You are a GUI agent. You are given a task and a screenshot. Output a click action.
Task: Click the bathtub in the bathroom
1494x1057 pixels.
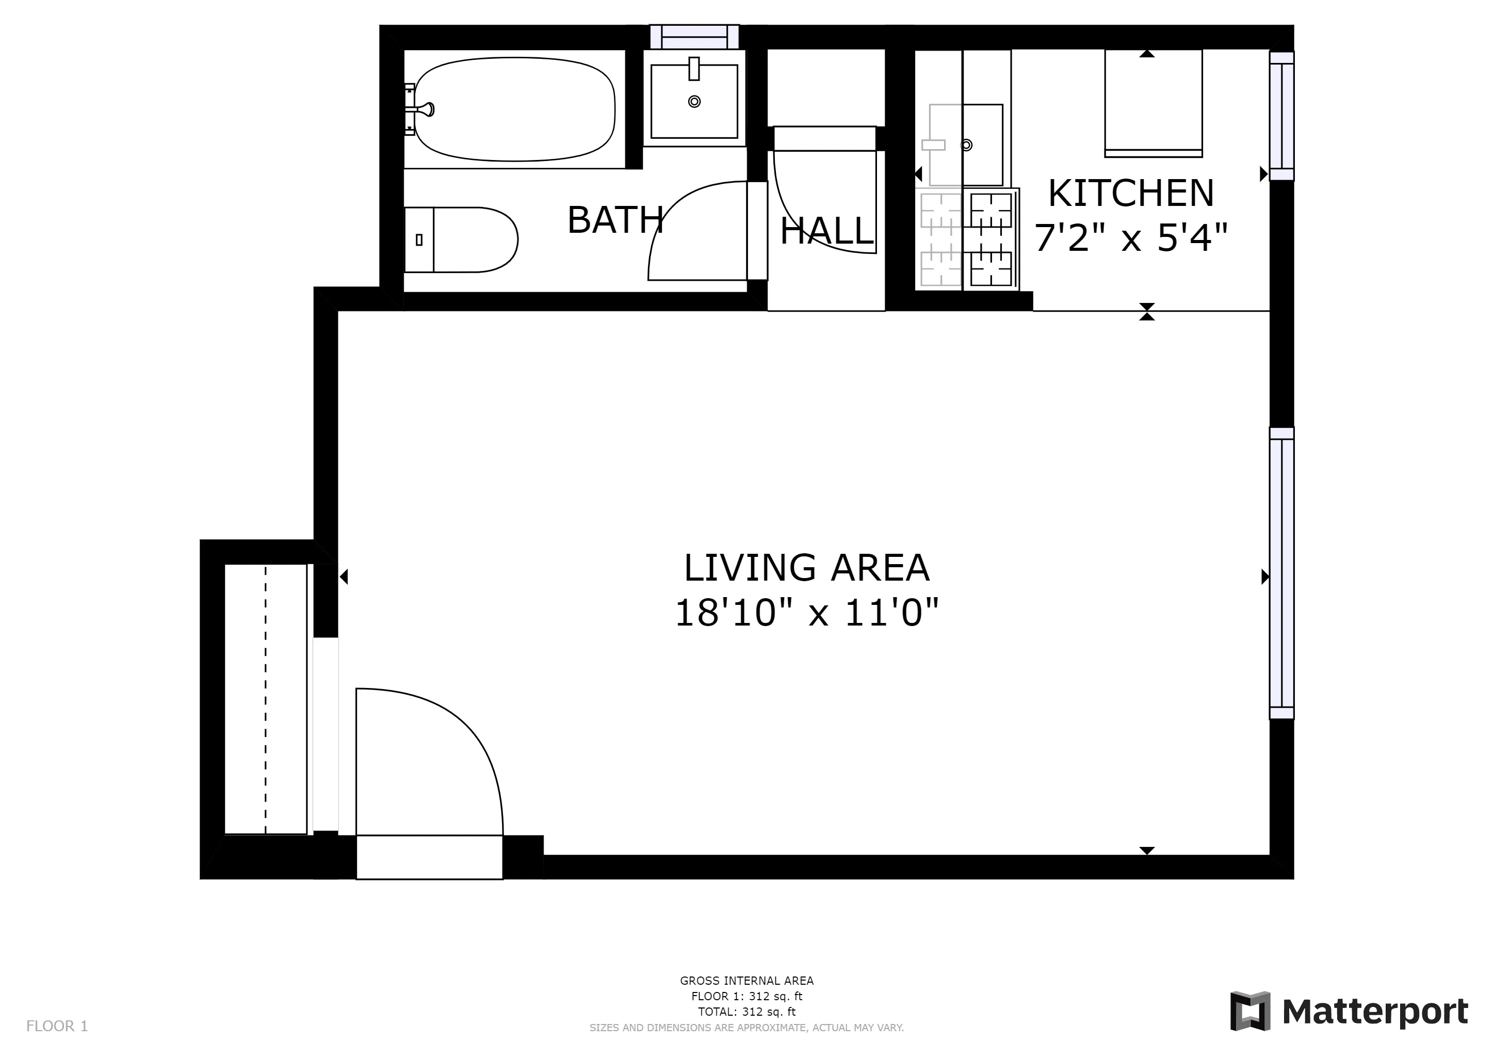tap(514, 109)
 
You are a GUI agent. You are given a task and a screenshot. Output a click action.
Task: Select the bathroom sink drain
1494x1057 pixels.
tap(694, 102)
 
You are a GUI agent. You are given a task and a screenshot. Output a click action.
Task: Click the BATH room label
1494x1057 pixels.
tap(615, 220)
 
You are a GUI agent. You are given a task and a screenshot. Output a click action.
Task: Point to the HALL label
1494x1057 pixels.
tap(826, 231)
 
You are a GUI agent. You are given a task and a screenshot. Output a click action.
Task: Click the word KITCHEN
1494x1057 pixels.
tap(1131, 194)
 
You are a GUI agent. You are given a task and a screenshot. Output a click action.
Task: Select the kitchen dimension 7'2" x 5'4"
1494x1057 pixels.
tap(1131, 237)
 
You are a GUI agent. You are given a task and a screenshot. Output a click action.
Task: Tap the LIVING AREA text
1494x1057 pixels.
tap(806, 568)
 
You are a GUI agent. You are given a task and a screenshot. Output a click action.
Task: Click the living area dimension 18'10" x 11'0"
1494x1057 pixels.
tap(806, 613)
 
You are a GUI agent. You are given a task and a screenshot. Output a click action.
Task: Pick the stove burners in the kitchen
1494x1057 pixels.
tap(991, 239)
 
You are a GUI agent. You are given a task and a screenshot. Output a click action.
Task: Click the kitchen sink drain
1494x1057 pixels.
tap(967, 145)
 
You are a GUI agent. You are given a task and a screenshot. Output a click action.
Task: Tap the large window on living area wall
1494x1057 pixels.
tap(1281, 573)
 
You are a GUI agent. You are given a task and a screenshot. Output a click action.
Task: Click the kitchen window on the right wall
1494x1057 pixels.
tap(1281, 116)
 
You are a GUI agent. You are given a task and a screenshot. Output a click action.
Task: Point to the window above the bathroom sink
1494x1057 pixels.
tap(694, 37)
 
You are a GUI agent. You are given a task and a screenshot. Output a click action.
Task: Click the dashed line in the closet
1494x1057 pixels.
tap(266, 700)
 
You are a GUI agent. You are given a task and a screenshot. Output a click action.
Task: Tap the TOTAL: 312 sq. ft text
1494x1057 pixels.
tap(746, 1012)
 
